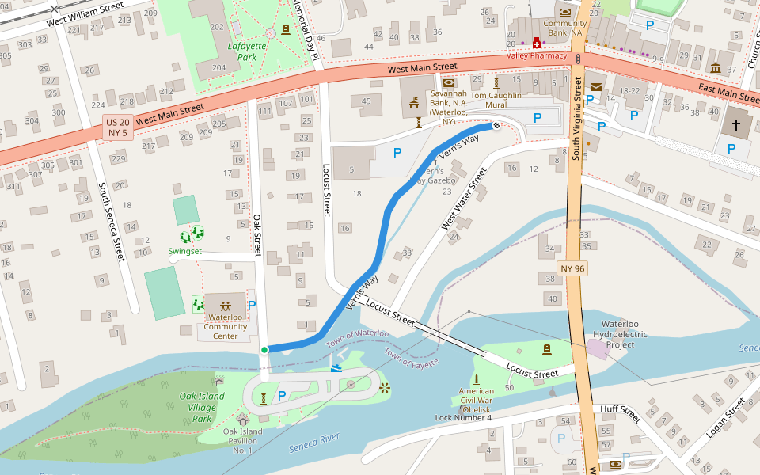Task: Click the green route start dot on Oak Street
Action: click(x=264, y=349)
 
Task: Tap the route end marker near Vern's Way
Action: click(x=496, y=125)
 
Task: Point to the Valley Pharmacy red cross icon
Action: click(x=536, y=44)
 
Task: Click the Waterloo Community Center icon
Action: click(x=226, y=305)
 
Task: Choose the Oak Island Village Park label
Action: click(x=197, y=407)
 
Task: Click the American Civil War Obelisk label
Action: click(x=476, y=396)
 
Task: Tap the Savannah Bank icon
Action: click(x=449, y=82)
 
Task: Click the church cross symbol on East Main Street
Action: click(x=736, y=125)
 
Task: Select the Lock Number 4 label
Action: click(x=463, y=417)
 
